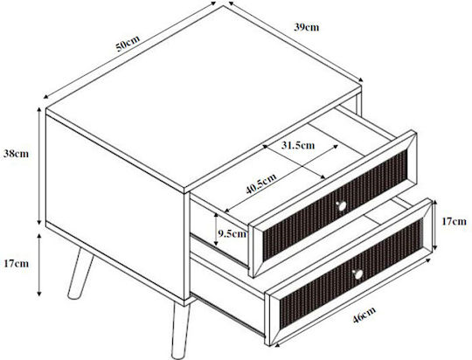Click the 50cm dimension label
point(128,44)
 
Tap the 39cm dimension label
point(306,27)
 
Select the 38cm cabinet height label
point(16,154)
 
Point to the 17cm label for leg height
point(17,264)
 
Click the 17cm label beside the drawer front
point(454,222)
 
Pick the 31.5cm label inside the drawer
point(298,145)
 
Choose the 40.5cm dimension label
point(261,183)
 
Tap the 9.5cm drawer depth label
point(233,233)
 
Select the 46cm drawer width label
point(364,315)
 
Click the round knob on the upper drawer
point(342,206)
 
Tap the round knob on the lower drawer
point(357,273)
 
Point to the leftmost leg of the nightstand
point(80,273)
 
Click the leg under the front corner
point(181,330)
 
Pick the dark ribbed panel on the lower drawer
point(351,273)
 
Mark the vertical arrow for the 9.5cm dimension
point(216,229)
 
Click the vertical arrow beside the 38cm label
point(39,166)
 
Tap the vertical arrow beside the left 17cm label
point(39,265)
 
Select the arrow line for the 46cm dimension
point(353,301)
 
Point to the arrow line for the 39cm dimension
point(296,42)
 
